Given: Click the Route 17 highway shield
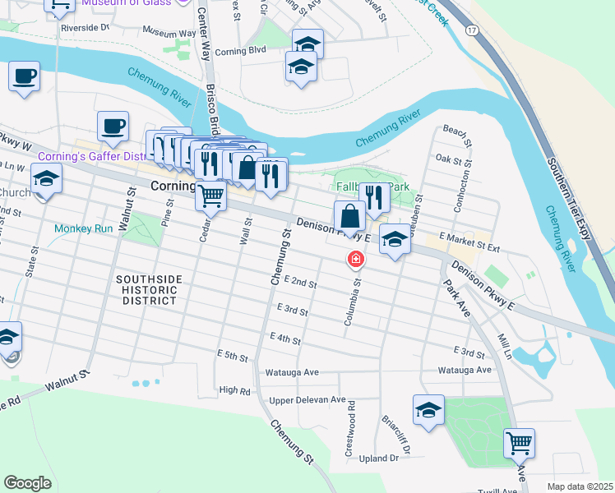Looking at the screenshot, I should pos(470,30).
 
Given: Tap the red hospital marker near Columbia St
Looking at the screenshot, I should pos(356,260).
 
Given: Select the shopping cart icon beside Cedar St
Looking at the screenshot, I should pos(211,196).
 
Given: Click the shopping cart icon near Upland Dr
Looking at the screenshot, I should pos(519,444).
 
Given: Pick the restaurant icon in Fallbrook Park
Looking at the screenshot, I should pos(373,197).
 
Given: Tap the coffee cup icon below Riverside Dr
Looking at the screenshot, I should pos(25,76).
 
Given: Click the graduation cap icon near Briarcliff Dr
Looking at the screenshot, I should pos(428,410).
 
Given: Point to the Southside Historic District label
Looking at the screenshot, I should pos(146,290).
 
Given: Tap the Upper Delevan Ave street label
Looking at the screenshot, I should pos(307,400).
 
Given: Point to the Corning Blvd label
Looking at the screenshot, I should pos(241,51).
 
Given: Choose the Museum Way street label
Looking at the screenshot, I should pos(169,32).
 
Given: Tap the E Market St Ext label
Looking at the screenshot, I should pos(469,241).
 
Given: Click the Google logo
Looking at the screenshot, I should pos(27,483).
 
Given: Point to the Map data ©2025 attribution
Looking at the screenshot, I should pos(580,486).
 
